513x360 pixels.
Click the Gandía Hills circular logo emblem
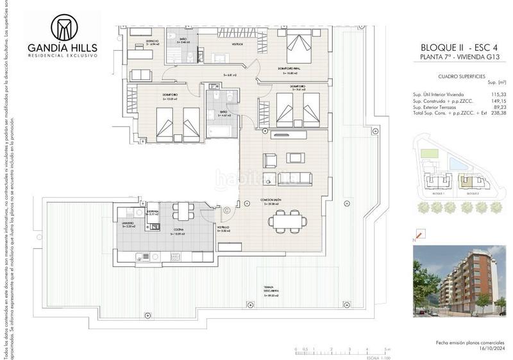[x=63, y=28]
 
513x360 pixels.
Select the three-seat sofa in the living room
[x=295, y=178]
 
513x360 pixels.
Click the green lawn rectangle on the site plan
[x=428, y=155]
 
